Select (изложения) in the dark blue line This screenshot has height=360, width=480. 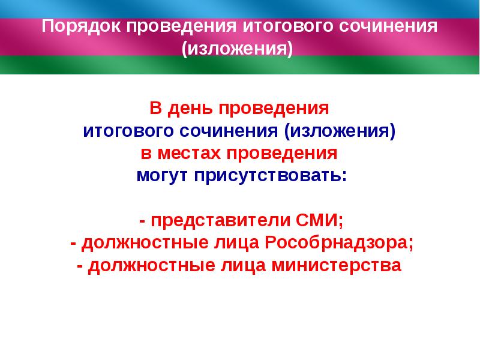(x=340, y=131)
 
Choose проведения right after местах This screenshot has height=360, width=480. (x=281, y=153)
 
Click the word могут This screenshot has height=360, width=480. (x=160, y=175)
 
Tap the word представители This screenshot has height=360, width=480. (x=221, y=220)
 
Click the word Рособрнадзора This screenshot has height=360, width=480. (x=330, y=242)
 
